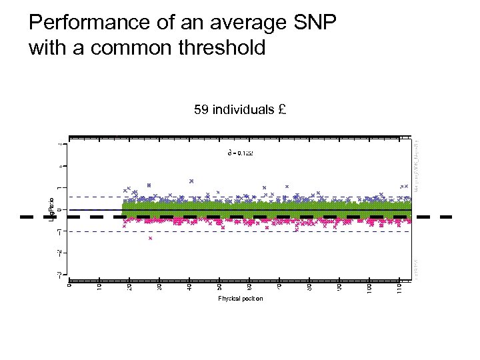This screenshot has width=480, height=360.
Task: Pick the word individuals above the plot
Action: [x=243, y=109]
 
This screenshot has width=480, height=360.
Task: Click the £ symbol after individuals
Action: [x=283, y=109]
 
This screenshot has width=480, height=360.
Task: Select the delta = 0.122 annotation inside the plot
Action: [x=240, y=153]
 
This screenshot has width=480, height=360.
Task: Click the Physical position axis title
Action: [x=240, y=298]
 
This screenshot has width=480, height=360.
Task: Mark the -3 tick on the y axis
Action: [x=60, y=273]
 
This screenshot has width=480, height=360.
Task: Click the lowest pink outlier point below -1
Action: [x=151, y=238]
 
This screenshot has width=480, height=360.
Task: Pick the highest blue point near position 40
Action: [x=191, y=180]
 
